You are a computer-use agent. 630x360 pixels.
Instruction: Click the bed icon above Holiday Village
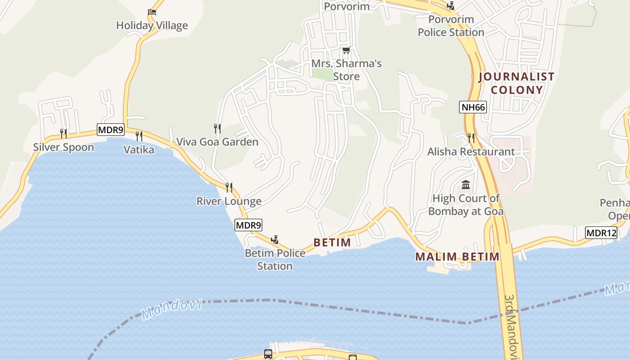[152, 12]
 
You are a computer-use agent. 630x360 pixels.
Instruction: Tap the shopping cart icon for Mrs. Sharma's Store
[346, 50]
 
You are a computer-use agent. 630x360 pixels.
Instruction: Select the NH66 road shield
[473, 107]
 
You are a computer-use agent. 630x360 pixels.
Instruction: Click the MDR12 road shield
[601, 233]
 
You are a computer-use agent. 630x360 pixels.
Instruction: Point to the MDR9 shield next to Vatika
[110, 130]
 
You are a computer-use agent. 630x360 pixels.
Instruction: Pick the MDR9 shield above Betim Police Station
[248, 225]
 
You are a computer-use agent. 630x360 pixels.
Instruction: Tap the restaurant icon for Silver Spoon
[63, 134]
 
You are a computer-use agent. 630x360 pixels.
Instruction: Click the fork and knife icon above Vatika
[139, 136]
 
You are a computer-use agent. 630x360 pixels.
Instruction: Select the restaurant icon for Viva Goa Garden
[217, 129]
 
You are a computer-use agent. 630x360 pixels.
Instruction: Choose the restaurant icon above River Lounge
[229, 187]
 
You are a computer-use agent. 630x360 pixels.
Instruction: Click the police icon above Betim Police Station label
[274, 240]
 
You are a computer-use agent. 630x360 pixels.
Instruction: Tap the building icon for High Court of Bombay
[466, 185]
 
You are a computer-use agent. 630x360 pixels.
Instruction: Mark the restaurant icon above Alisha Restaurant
[471, 138]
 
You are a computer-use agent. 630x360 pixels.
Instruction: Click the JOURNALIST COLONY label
[516, 83]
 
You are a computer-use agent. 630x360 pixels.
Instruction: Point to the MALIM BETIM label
[457, 257]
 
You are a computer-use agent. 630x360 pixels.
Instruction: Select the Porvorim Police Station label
[451, 26]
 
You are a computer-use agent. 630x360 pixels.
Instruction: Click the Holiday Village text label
[152, 26]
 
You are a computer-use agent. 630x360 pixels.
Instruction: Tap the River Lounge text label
[229, 201]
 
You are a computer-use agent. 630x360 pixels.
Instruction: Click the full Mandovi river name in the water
[171, 310]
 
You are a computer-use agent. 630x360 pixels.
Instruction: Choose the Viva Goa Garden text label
[217, 142]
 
